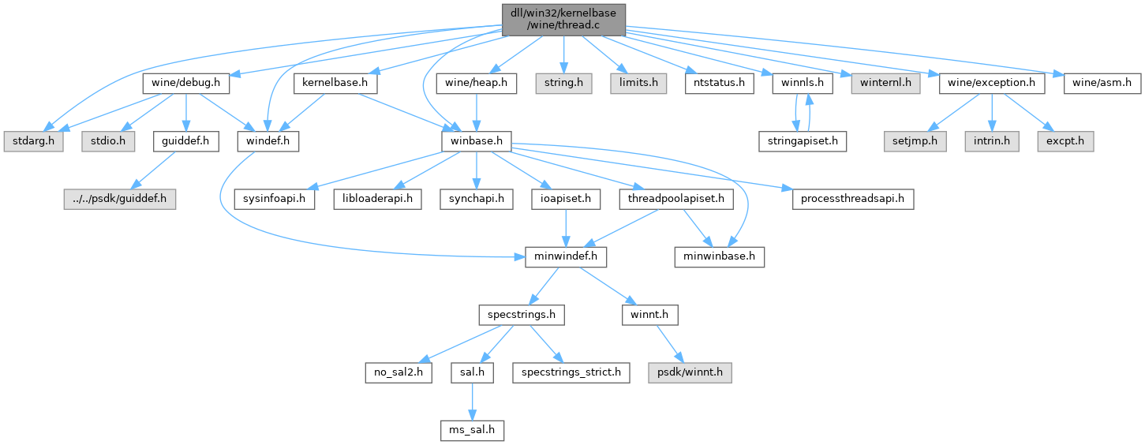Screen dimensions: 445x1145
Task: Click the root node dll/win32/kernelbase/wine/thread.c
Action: click(x=563, y=19)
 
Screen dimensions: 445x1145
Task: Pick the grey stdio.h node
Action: click(x=107, y=141)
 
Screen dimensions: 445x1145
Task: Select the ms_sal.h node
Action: click(x=471, y=430)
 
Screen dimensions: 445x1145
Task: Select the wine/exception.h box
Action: click(x=992, y=81)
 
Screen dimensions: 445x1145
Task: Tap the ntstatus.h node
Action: click(x=719, y=81)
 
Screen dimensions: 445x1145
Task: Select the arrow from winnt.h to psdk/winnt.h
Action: click(x=671, y=343)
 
